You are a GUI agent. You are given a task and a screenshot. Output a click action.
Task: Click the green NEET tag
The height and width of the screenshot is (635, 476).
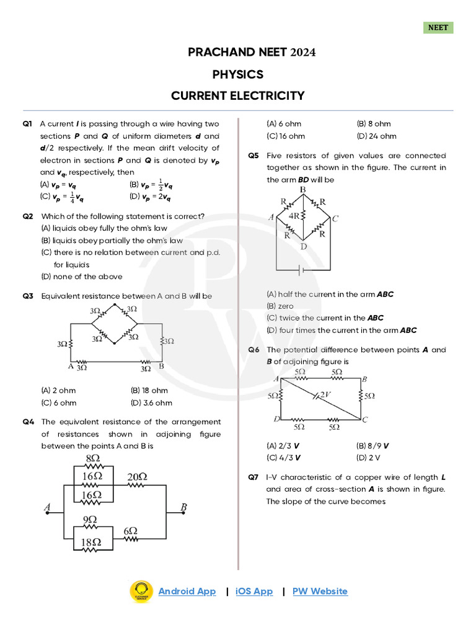tap(438, 28)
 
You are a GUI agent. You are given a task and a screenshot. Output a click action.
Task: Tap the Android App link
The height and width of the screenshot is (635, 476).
tap(187, 592)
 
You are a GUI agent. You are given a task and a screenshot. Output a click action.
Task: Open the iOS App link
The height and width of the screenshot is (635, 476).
tap(254, 592)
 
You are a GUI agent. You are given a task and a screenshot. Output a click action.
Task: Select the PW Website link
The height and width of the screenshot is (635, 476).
tap(320, 592)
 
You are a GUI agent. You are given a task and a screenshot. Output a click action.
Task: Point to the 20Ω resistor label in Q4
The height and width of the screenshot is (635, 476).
tap(138, 476)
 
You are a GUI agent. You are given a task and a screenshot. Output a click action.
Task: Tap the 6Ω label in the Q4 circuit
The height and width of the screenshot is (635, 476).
tap(130, 531)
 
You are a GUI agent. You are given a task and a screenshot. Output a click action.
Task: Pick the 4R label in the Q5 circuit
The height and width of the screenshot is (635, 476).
tap(295, 216)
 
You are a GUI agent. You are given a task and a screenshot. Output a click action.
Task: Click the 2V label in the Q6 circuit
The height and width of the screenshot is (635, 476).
tap(325, 394)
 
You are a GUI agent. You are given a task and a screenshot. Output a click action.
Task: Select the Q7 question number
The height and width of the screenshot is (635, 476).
tap(253, 477)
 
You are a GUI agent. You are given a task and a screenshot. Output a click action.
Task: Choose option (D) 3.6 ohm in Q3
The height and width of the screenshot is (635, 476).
tap(149, 402)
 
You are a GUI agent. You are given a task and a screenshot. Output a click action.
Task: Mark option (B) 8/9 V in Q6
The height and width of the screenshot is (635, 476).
tap(372, 445)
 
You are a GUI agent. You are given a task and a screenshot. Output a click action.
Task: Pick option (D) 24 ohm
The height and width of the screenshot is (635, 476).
tap(377, 136)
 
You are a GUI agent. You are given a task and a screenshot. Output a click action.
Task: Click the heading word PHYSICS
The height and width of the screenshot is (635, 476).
tap(238, 74)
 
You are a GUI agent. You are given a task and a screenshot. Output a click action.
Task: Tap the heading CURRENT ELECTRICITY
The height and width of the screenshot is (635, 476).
tap(238, 95)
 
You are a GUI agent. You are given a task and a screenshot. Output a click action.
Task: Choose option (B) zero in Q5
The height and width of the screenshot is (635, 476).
tap(280, 306)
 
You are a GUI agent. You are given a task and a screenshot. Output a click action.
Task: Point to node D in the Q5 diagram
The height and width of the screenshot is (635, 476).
tap(303, 246)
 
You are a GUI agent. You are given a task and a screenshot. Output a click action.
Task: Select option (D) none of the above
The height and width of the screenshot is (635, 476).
tap(82, 277)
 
